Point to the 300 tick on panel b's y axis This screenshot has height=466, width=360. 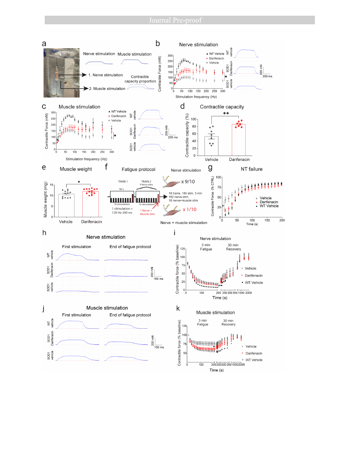[170, 56]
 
